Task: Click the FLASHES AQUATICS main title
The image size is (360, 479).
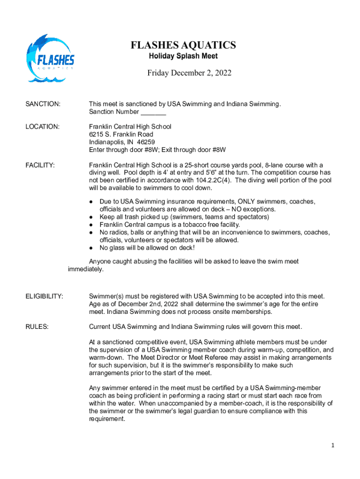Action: (183, 45)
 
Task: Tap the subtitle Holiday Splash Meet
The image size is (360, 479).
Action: (183, 56)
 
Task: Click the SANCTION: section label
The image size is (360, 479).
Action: (43, 104)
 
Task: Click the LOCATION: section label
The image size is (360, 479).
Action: (42, 127)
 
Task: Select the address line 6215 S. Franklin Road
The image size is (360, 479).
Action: (121, 134)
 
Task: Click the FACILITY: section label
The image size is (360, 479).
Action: (40, 165)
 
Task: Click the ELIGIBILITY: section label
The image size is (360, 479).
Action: (44, 296)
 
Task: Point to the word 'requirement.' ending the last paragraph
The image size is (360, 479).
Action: (107, 419)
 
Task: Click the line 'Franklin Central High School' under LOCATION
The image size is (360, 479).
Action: (130, 127)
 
